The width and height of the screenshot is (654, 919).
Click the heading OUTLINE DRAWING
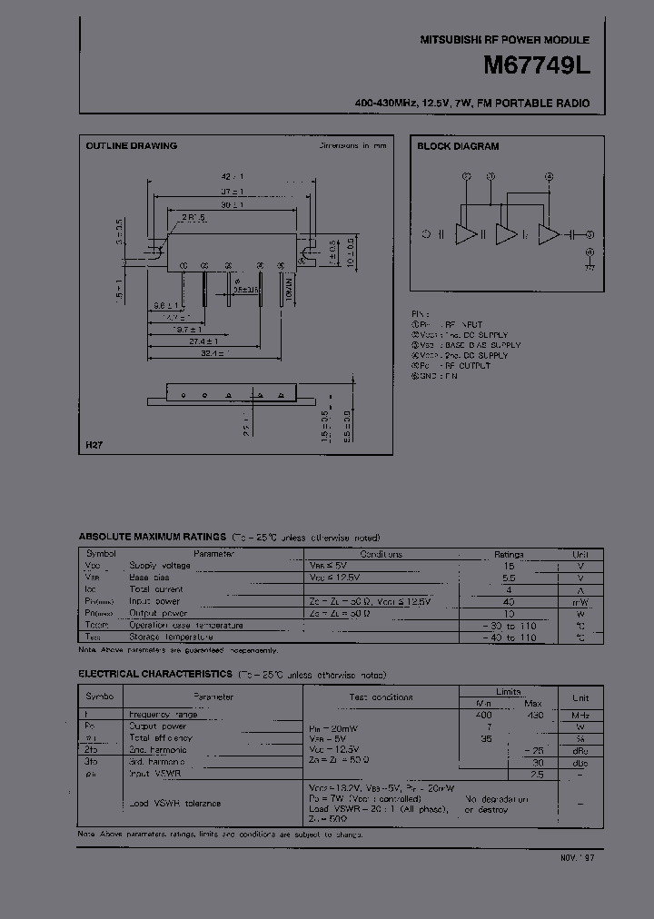point(131,146)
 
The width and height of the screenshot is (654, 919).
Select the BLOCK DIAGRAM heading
point(458,146)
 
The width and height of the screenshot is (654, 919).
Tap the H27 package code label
point(94,445)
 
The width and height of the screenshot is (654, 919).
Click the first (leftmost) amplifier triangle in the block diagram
point(465,235)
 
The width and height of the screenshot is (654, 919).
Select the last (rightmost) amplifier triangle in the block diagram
point(549,235)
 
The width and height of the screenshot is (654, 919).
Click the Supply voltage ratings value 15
point(509,566)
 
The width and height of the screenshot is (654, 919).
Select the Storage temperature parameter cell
point(163,637)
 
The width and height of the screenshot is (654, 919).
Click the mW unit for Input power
point(580,601)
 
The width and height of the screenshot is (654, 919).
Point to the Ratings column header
point(509,554)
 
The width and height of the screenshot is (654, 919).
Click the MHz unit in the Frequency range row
point(580,715)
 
